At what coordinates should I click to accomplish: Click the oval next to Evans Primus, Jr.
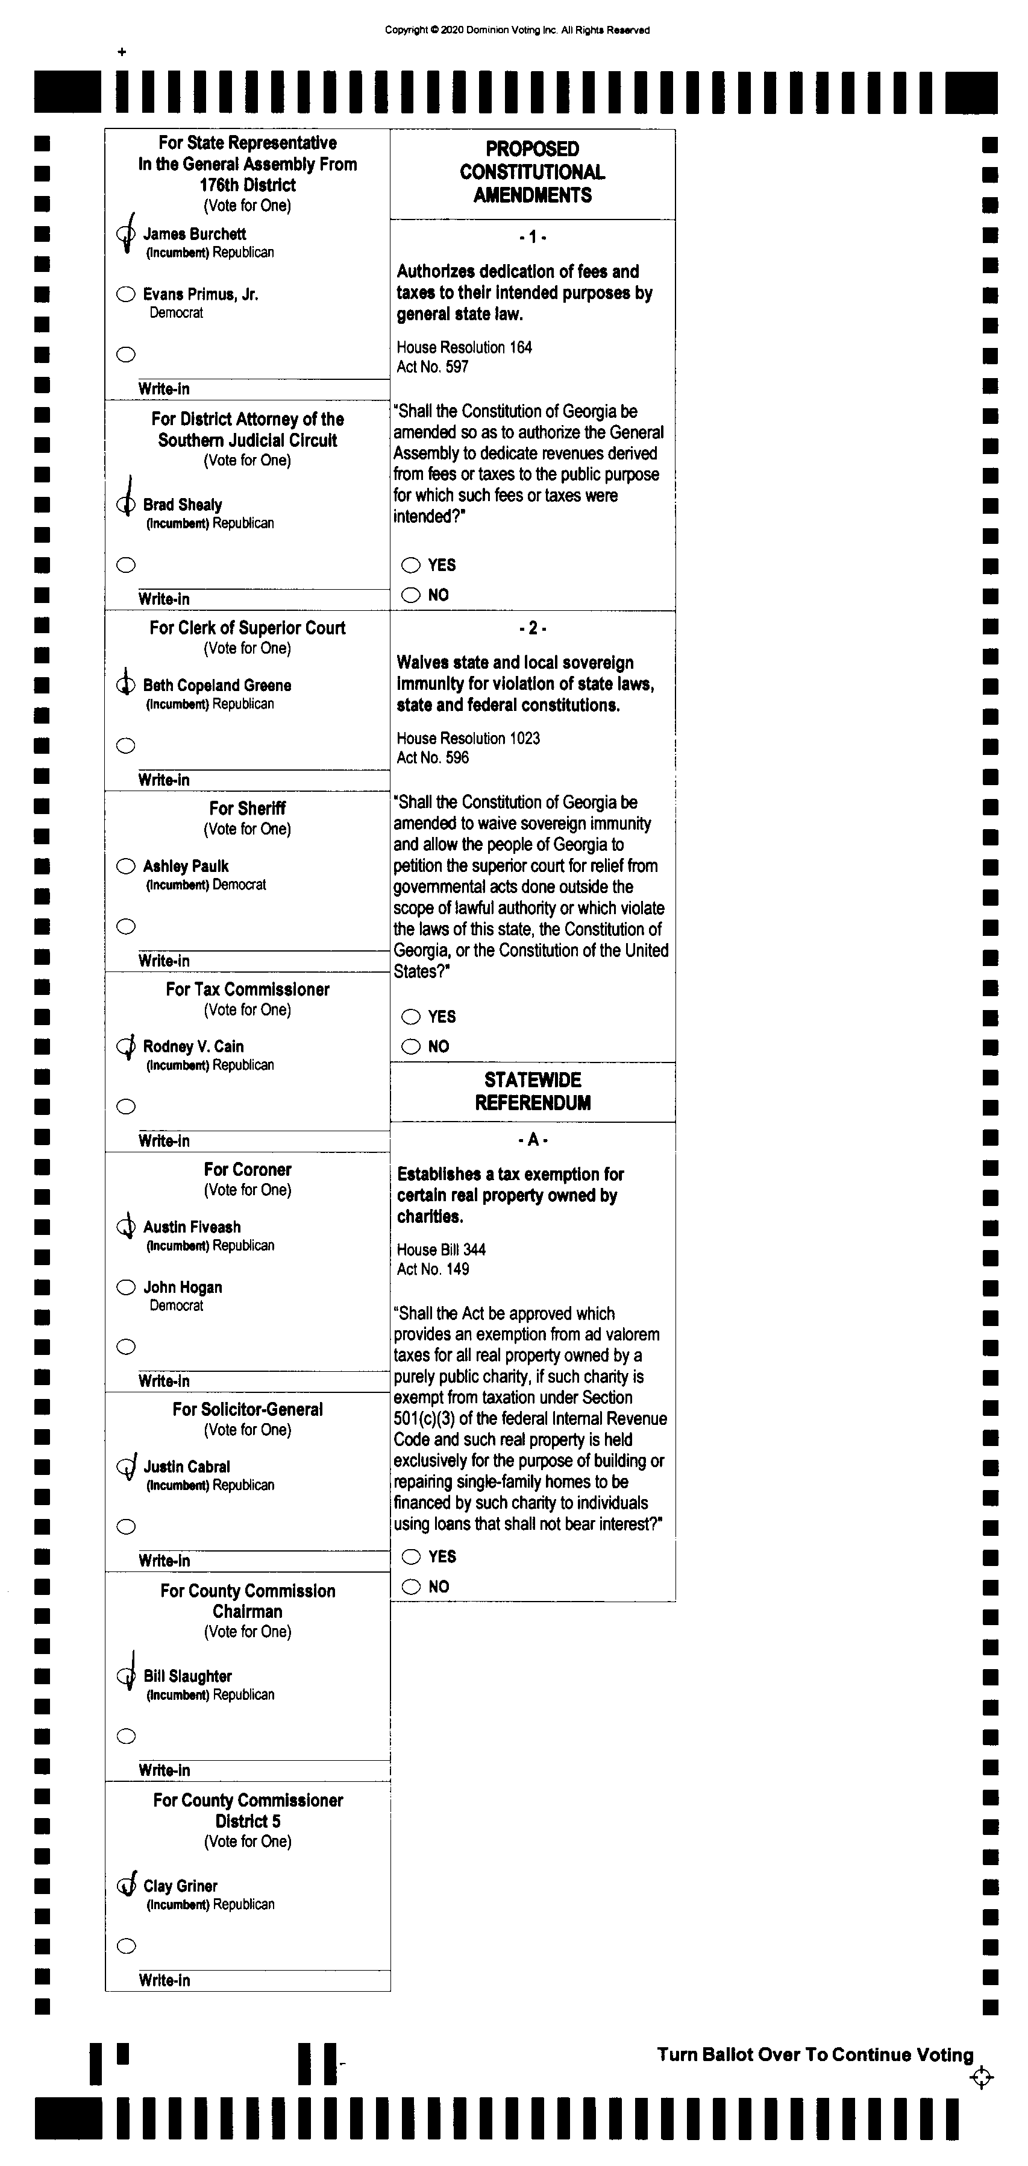[x=126, y=294]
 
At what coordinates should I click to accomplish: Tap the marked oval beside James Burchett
[x=126, y=235]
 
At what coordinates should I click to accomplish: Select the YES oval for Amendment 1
[x=410, y=565]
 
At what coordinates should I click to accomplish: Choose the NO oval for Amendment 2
[x=410, y=1047]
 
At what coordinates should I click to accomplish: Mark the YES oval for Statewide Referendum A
[x=410, y=1557]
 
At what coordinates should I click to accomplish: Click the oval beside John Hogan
[x=126, y=1287]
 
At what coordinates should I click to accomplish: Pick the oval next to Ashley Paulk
[x=126, y=866]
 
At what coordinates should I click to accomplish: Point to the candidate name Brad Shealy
[x=183, y=505]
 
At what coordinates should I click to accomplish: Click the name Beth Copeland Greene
[x=217, y=685]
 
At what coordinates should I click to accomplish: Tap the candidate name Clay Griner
[x=181, y=1886]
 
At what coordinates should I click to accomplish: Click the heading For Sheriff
[x=247, y=808]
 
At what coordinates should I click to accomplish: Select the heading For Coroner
[x=247, y=1170]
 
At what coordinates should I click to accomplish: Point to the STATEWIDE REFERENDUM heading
[x=532, y=1091]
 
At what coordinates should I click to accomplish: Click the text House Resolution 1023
[x=468, y=738]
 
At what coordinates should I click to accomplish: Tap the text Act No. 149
[x=433, y=1269]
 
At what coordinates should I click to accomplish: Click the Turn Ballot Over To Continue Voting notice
[x=815, y=2054]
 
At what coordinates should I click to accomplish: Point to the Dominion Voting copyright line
[x=517, y=30]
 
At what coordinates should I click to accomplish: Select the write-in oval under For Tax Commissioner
[x=126, y=1107]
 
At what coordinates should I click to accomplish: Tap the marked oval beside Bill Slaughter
[x=126, y=1676]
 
